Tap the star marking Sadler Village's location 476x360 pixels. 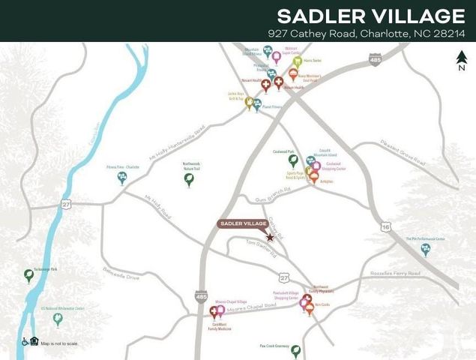click(x=270, y=237)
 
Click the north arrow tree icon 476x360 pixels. click(x=461, y=58)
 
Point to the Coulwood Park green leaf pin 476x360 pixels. click(x=293, y=160)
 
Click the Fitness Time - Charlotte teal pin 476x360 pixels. click(x=121, y=177)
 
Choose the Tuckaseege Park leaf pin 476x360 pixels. click(x=29, y=276)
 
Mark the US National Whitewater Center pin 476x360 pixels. click(x=58, y=319)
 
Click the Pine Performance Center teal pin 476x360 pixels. click(x=426, y=249)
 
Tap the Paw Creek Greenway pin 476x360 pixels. click(x=295, y=351)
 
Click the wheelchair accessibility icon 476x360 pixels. click(x=25, y=342)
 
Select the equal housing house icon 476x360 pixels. click(x=34, y=342)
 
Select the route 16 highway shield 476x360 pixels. click(x=385, y=226)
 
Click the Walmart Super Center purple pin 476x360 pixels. click(x=276, y=56)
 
